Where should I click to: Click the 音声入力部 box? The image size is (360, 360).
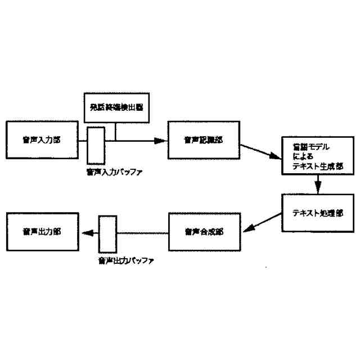42,139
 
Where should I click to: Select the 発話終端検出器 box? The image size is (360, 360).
117,107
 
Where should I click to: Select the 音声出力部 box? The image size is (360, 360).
42,232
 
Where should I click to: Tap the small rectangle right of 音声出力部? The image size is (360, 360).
106,233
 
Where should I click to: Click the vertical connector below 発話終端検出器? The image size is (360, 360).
116,132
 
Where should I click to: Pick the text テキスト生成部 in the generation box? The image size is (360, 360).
316,166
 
